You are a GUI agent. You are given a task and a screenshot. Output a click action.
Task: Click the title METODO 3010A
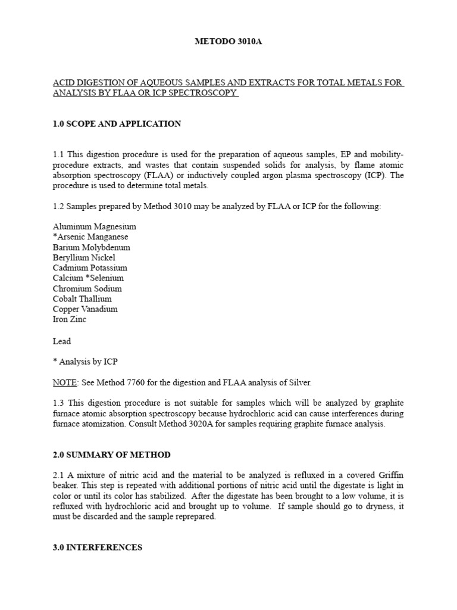pos(228,43)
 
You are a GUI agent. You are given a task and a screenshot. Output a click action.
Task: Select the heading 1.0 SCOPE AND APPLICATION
pos(117,124)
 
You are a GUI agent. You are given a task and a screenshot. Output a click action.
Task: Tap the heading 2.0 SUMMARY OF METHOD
pos(111,455)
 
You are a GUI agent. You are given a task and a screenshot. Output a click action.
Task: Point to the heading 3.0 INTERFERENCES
pos(98,547)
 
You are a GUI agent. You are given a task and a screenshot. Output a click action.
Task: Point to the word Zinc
pos(77,319)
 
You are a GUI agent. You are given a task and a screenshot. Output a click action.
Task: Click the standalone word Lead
pos(61,341)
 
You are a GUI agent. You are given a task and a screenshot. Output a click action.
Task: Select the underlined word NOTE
pos(64,382)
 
